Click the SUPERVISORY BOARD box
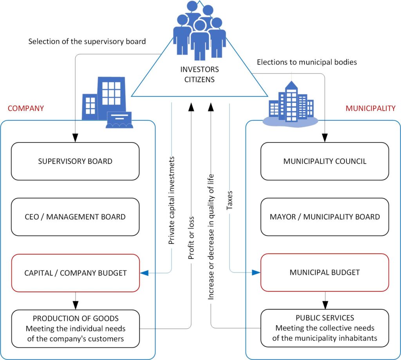click(x=75, y=161)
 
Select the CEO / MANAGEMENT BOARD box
click(x=75, y=217)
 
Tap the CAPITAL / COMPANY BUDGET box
click(x=75, y=273)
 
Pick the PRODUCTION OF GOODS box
click(x=75, y=329)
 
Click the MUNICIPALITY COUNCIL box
click(x=325, y=161)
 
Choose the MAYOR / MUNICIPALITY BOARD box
click(x=325, y=217)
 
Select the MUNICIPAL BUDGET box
click(x=325, y=272)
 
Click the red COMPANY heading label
click(x=26, y=108)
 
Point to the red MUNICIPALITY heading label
click(x=370, y=108)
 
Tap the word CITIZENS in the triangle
click(x=199, y=80)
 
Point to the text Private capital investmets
click(x=171, y=200)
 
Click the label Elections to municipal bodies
click(x=307, y=62)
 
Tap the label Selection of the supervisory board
click(x=87, y=41)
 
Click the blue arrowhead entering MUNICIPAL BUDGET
click(x=256, y=272)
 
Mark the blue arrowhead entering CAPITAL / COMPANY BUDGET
click(x=144, y=273)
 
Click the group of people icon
click(x=200, y=29)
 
